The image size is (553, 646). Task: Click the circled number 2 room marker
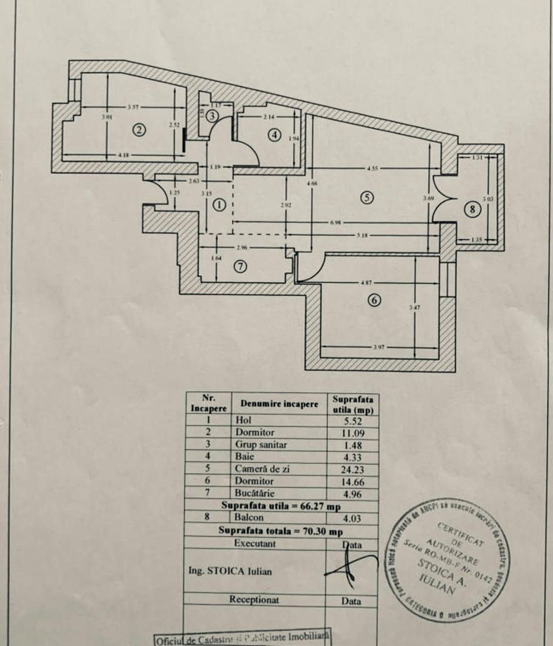tap(139, 129)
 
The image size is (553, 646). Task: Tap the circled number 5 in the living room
tap(367, 197)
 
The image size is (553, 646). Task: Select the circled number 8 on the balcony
tap(473, 209)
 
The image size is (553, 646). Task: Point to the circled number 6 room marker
tap(374, 300)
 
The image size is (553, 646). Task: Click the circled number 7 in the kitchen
tap(240, 267)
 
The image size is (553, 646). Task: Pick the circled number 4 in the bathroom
tap(274, 135)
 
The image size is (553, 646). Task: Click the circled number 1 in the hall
tap(220, 205)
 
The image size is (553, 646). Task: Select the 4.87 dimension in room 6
tap(366, 283)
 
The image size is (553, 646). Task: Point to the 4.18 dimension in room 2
tap(124, 155)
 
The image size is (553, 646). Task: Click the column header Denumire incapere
tap(279, 404)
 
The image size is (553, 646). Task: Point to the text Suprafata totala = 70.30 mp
tap(280, 531)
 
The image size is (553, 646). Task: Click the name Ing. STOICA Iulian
tap(230, 571)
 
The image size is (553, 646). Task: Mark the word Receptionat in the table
tap(254, 599)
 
